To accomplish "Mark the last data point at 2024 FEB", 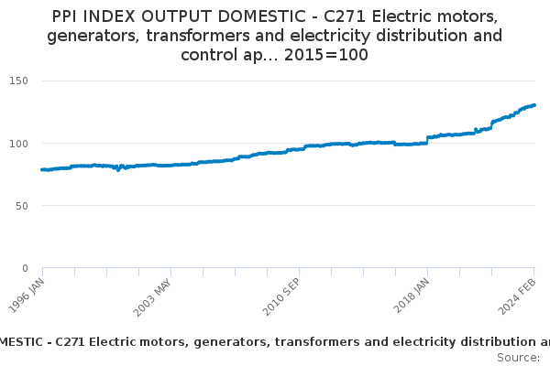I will point(534,104).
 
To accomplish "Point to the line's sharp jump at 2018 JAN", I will point(427,140).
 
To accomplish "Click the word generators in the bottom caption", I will point(205,342).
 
